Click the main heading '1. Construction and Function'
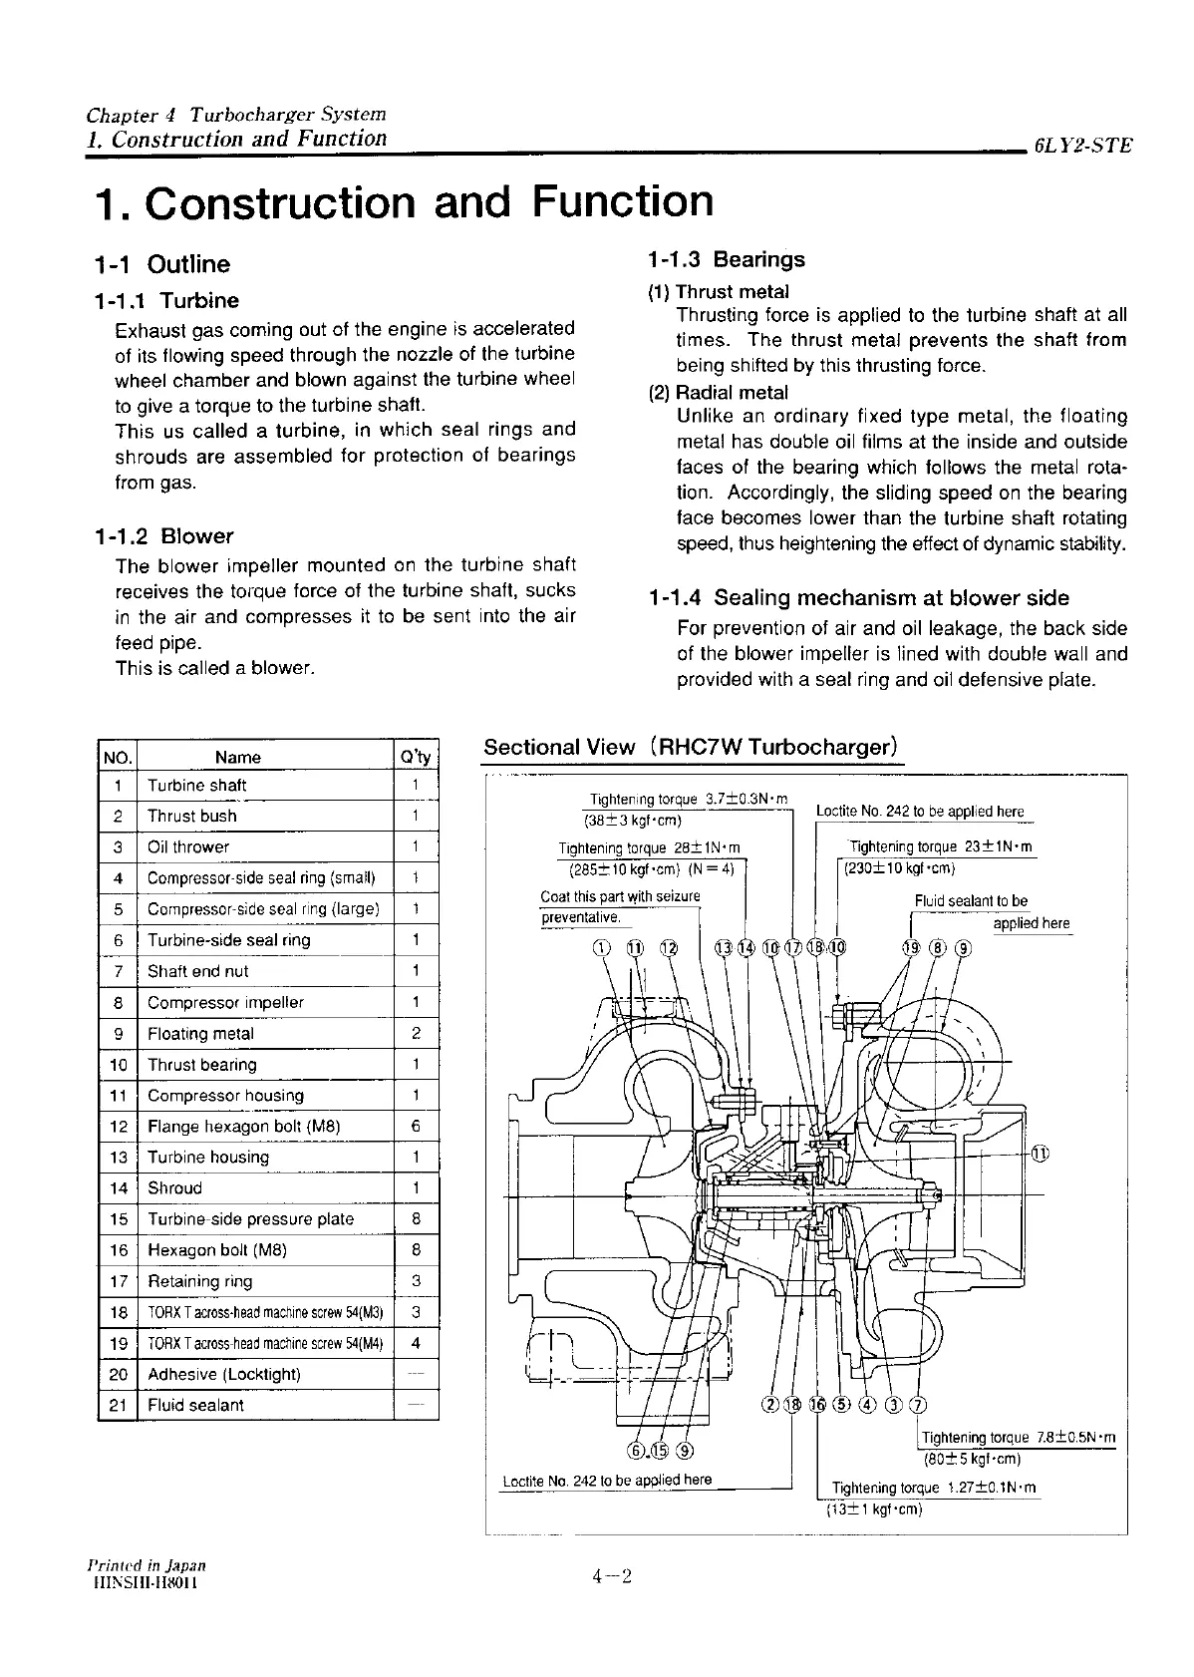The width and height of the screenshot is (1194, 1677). coord(403,201)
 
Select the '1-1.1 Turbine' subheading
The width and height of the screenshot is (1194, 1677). coord(166,300)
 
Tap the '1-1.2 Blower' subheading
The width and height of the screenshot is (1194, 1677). coord(163,536)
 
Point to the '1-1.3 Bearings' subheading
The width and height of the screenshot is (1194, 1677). coord(726,260)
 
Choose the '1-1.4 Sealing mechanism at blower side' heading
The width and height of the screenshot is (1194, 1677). coord(858,598)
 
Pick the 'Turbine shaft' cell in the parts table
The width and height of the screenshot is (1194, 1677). coord(196,786)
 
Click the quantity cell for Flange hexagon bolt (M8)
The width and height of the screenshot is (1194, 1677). coord(416,1127)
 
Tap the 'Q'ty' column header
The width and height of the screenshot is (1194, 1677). coord(416,757)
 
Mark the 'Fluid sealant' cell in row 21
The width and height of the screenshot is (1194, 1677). coord(195,1405)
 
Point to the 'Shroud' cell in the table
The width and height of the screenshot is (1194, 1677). coord(174,1188)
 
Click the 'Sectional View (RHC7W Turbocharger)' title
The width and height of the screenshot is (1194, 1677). coord(692,748)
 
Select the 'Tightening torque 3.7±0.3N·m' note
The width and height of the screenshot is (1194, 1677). coord(689,799)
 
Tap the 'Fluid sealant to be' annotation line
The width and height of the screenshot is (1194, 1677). coord(971,901)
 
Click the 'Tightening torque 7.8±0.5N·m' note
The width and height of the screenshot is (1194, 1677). coord(1018,1438)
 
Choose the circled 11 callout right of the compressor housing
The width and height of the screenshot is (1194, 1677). coord(1040,1154)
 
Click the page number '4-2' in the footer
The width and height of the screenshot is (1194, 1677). coord(612,1576)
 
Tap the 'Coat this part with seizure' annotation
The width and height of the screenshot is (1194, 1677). coord(620,896)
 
